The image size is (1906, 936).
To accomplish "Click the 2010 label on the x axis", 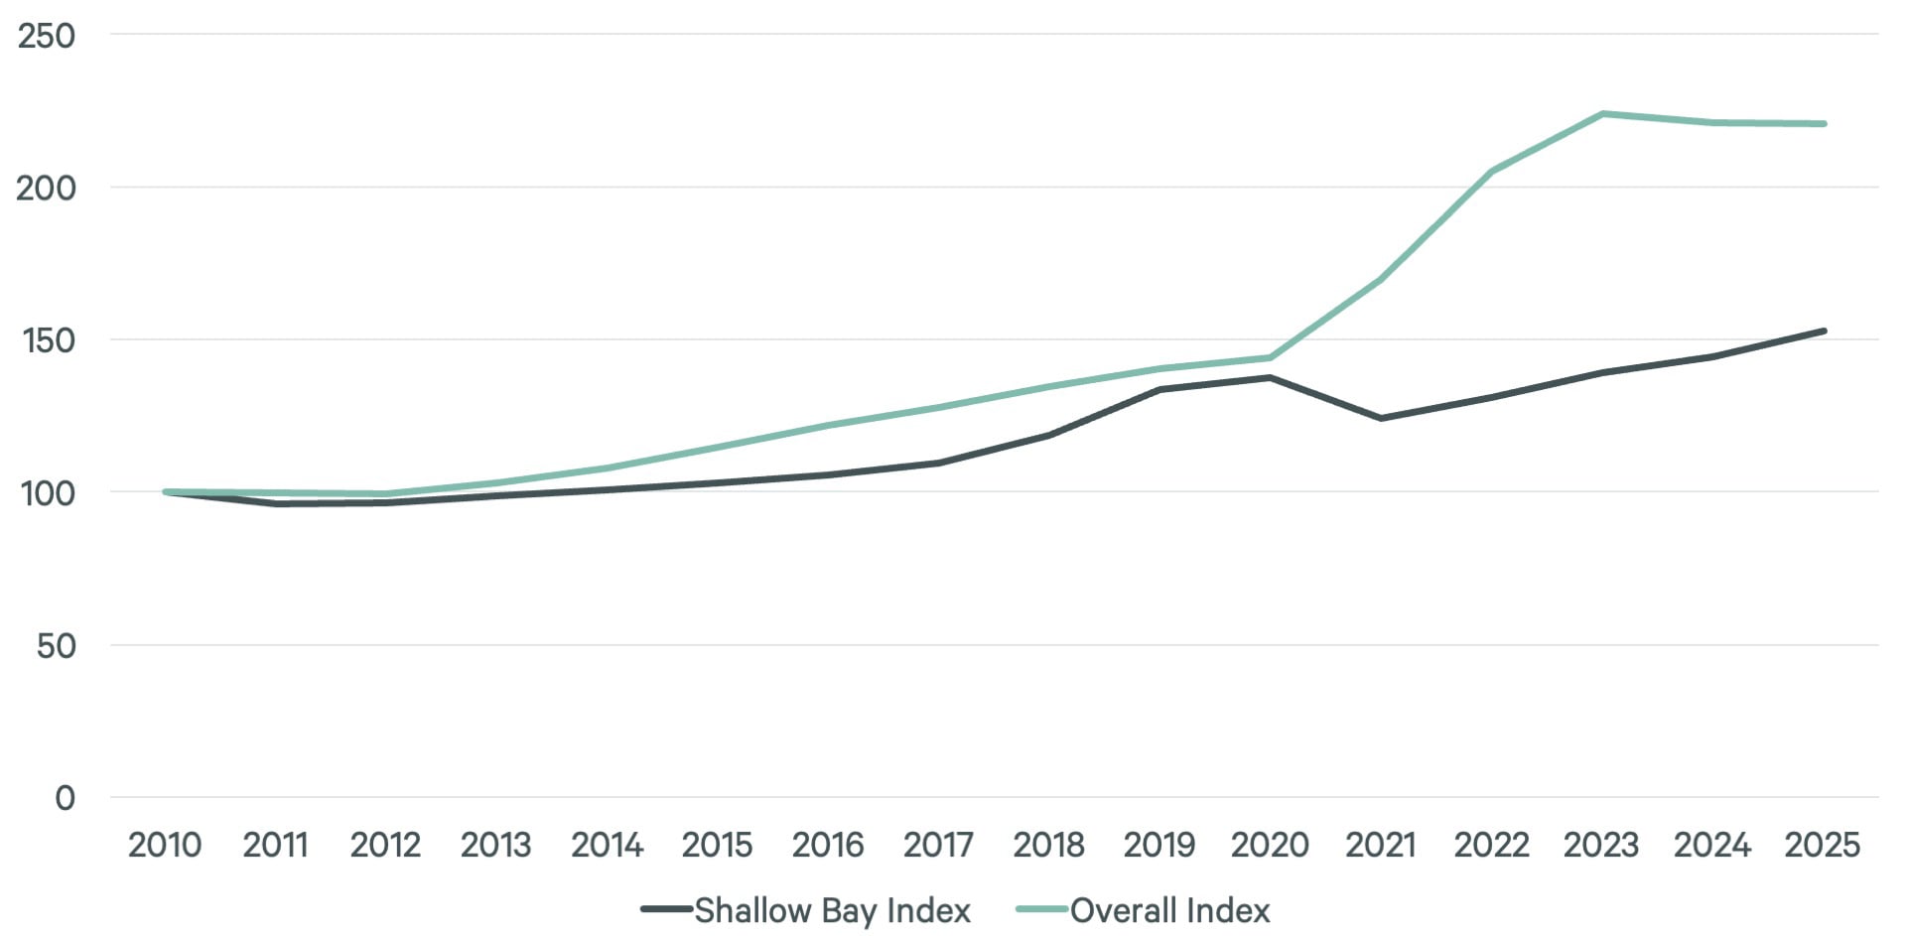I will [165, 845].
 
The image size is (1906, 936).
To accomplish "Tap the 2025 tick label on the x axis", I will [1822, 845].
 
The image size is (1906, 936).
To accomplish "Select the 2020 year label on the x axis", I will [1270, 845].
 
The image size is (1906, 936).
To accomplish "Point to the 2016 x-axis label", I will [828, 845].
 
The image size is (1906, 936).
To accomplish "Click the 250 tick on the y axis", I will [47, 36].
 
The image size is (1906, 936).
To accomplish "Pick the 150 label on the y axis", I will [48, 340].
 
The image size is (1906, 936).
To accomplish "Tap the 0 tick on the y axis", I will [65, 798].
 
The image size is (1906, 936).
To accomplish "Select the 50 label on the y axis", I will [56, 646].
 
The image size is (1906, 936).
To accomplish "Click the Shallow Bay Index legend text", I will [832, 910].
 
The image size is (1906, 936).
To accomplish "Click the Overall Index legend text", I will [1169, 910].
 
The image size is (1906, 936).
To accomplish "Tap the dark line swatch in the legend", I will [665, 909].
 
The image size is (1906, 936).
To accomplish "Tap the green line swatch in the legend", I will [1041, 909].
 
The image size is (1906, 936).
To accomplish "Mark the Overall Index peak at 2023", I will [1601, 114].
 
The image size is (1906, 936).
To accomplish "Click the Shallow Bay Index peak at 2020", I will [1270, 377].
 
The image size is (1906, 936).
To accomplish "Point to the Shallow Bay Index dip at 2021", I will [1381, 418].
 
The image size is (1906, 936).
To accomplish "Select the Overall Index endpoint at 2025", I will [1823, 124].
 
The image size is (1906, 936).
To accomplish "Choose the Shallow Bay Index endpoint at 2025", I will [1823, 331].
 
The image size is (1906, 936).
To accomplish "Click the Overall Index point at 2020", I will [1270, 357].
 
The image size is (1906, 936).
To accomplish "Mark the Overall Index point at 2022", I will [1491, 172].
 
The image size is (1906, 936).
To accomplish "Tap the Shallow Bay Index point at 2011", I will [276, 503].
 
